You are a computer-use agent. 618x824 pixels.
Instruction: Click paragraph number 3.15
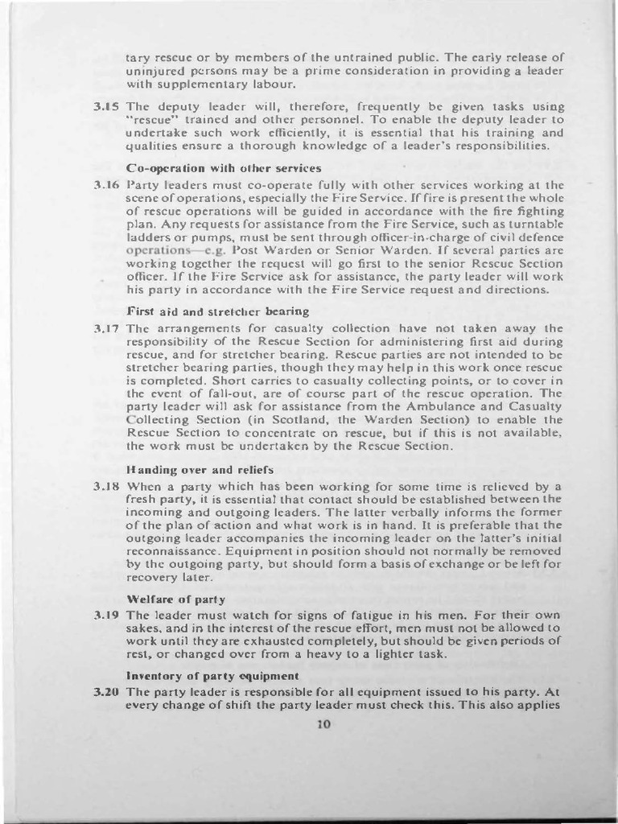click(107, 106)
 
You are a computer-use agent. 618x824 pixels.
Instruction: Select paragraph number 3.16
click(107, 185)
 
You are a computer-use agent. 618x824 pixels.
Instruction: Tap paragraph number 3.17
click(107, 328)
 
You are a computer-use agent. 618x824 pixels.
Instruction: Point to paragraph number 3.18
click(107, 487)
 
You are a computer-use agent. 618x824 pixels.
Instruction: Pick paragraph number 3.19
click(107, 616)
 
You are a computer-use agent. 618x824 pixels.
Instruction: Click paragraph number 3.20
click(107, 691)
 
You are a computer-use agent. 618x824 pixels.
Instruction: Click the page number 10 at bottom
click(324, 723)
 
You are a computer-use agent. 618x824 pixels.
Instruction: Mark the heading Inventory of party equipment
click(213, 675)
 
